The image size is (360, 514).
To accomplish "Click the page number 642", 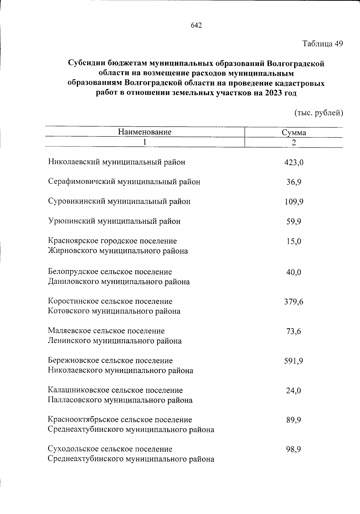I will point(196,26).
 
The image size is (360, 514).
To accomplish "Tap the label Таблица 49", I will point(322,44).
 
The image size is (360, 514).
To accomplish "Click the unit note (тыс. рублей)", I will point(319,113).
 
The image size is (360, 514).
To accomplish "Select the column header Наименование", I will point(145,132).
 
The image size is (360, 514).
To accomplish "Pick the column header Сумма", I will point(294,133).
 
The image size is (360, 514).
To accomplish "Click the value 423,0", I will point(294,163).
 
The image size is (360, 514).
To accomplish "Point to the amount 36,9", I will point(294,182).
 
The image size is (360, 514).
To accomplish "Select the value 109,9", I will point(294,202).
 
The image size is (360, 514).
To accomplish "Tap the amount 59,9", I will point(294,222).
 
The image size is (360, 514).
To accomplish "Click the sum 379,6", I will point(294,302).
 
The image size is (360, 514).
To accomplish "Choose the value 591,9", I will point(294,361).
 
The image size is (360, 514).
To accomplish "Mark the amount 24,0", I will point(294,391).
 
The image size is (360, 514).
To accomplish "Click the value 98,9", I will point(294,449).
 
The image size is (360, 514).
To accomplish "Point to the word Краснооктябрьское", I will point(85,419).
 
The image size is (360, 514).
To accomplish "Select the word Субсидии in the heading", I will point(86,63).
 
